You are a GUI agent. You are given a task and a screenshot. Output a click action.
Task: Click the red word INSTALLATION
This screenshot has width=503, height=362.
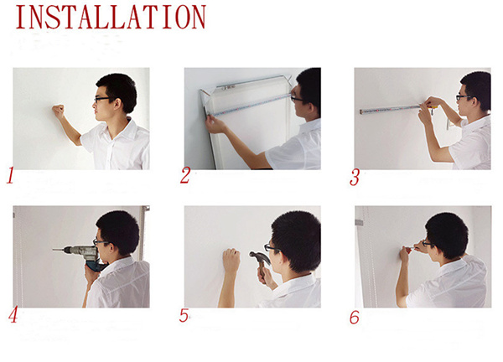(x=111, y=18)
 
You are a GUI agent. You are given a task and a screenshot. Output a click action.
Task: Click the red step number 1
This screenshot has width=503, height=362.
(x=11, y=175)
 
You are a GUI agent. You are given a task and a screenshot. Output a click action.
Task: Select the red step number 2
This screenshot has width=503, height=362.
(x=185, y=175)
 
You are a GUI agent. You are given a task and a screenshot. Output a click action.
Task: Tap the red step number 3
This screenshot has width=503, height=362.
(x=355, y=178)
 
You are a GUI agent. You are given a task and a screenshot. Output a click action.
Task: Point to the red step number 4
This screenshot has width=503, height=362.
(x=13, y=315)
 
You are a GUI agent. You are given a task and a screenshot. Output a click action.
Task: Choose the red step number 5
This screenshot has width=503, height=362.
(x=184, y=316)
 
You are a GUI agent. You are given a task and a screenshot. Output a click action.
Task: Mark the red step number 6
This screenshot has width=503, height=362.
(x=355, y=318)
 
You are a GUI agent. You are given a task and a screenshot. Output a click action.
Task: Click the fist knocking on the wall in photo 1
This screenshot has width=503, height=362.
(x=59, y=111)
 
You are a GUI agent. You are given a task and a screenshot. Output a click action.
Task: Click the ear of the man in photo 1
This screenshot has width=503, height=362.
(x=117, y=103)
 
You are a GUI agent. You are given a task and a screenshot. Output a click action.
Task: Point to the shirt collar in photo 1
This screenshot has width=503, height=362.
(x=124, y=128)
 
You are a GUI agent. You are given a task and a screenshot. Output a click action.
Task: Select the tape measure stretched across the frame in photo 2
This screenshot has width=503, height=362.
(x=251, y=104)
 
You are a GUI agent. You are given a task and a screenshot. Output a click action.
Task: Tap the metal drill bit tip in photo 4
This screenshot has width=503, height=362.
(x=58, y=249)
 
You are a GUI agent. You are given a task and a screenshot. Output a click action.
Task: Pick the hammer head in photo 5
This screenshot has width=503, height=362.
(x=259, y=256)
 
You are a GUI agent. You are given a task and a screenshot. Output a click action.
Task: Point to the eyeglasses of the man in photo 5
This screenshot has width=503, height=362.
(x=272, y=248)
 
